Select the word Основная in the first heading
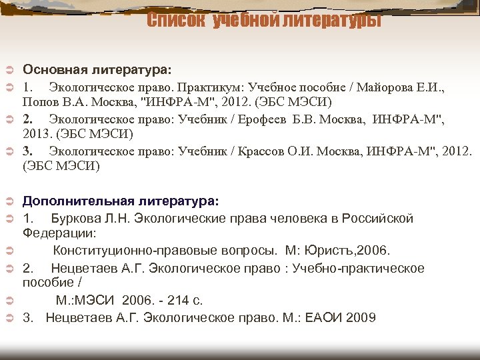[53, 69]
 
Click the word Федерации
[59, 233]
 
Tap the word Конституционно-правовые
[133, 251]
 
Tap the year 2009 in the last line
[361, 317]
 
